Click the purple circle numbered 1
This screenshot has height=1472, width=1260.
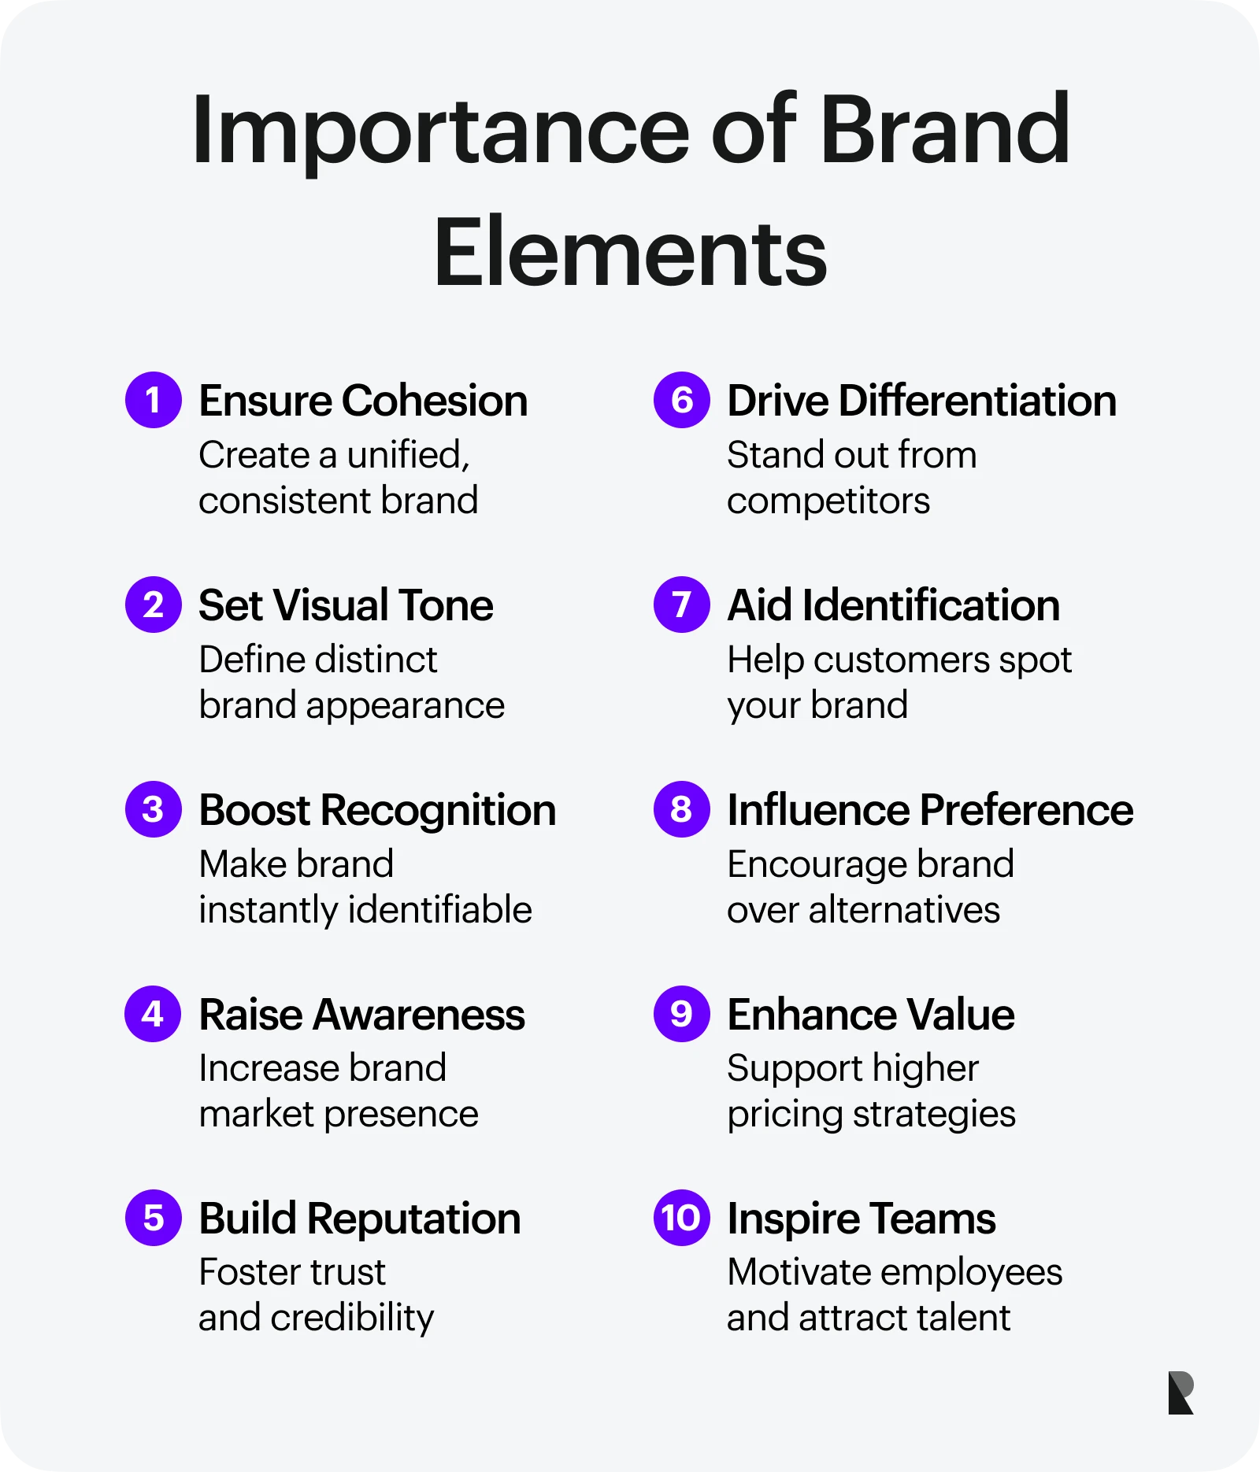(x=154, y=400)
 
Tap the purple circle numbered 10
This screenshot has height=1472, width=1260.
(x=682, y=1218)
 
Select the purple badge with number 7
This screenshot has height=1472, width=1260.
(x=682, y=605)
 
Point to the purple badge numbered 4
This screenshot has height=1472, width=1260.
(x=154, y=1014)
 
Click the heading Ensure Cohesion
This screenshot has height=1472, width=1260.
(x=363, y=401)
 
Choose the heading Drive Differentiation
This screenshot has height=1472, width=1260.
(x=921, y=401)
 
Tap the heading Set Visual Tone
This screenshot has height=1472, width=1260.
(x=346, y=605)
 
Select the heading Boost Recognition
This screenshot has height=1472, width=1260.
(x=377, y=812)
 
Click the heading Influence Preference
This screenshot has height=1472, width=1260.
(x=930, y=810)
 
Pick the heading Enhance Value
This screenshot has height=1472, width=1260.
(x=871, y=1015)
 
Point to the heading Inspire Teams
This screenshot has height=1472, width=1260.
(x=862, y=1220)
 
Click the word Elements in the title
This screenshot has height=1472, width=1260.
(x=630, y=253)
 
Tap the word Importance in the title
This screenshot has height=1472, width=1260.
(x=441, y=132)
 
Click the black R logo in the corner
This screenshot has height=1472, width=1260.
(x=1181, y=1392)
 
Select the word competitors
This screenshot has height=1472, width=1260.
(x=828, y=501)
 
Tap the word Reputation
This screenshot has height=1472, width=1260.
(x=414, y=1220)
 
